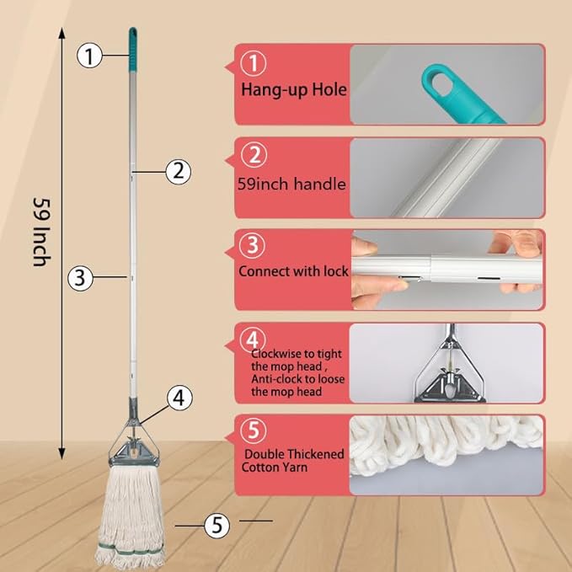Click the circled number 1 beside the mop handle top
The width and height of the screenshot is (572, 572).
[x=89, y=56]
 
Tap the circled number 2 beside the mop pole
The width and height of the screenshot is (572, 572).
[x=176, y=171]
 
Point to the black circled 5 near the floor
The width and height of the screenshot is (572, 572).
[x=217, y=525]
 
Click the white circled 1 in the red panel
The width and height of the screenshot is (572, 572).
[x=254, y=64]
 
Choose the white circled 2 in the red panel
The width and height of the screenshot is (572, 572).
[x=254, y=156]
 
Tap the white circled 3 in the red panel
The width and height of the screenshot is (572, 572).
[x=254, y=247]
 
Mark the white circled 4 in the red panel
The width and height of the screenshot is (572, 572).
[x=254, y=339]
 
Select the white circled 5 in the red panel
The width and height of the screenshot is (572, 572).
[x=254, y=430]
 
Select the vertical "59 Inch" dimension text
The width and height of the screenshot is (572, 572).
[x=39, y=232]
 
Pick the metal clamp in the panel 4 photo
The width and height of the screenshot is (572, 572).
[x=446, y=372]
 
